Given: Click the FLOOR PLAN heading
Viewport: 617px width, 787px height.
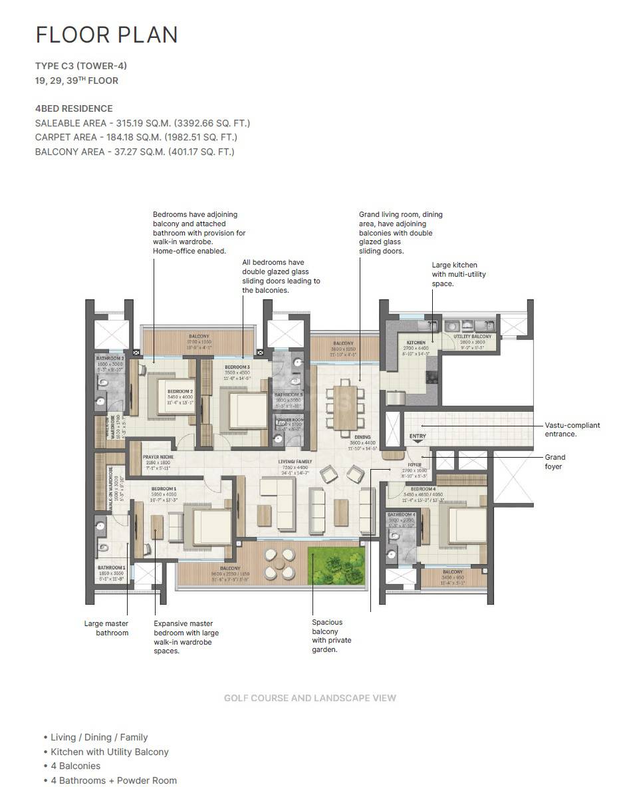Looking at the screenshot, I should [x=106, y=35].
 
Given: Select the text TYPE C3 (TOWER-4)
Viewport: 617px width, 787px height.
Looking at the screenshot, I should [x=80, y=66].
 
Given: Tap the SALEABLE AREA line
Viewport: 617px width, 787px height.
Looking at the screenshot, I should [x=142, y=123].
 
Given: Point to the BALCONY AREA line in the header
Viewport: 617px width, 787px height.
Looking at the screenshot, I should [x=134, y=152].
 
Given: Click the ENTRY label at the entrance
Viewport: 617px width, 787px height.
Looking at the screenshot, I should [x=418, y=437].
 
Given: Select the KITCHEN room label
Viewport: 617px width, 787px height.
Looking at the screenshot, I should [x=416, y=343].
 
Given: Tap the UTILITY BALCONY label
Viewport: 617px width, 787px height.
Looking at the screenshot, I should [x=473, y=337].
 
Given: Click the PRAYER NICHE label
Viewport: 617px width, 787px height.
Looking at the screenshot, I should [x=158, y=457].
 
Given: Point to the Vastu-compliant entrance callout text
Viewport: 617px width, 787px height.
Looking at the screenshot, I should [x=572, y=429].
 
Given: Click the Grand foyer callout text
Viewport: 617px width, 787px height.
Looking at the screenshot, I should [x=555, y=462].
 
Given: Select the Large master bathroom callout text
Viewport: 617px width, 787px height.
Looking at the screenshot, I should [x=106, y=628].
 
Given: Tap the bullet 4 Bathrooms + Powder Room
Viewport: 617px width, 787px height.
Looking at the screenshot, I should [x=114, y=780].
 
